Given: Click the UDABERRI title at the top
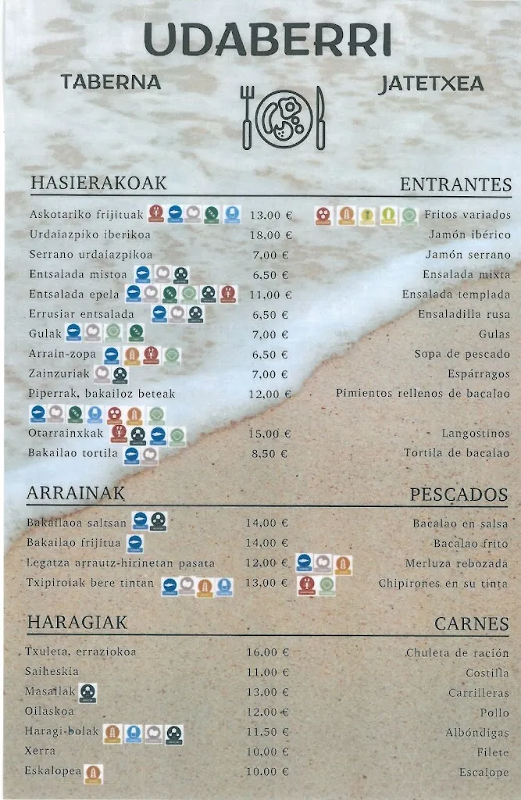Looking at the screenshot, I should point(267,41).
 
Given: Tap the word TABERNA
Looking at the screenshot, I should point(111,82).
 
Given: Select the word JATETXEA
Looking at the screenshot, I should point(430,84).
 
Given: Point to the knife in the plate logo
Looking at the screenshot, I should point(319,117).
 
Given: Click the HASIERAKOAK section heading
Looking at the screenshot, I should point(98,183).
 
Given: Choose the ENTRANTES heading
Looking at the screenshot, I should point(455,184).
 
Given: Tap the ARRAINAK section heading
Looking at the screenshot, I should point(76,493).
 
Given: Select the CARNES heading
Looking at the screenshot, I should point(471,623).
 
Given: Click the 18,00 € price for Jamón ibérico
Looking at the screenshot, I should point(270,235).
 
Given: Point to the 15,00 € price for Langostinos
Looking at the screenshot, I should point(269,434).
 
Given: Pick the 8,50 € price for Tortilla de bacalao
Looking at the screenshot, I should point(269,454).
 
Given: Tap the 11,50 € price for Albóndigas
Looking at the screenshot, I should point(268,733).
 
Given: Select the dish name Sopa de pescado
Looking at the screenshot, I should point(462,355).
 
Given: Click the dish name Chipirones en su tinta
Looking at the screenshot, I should point(443,584).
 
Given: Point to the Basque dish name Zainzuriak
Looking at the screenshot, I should point(59,374).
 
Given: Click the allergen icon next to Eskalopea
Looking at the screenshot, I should point(93,773).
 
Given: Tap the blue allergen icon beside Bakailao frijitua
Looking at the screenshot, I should point(135,543).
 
